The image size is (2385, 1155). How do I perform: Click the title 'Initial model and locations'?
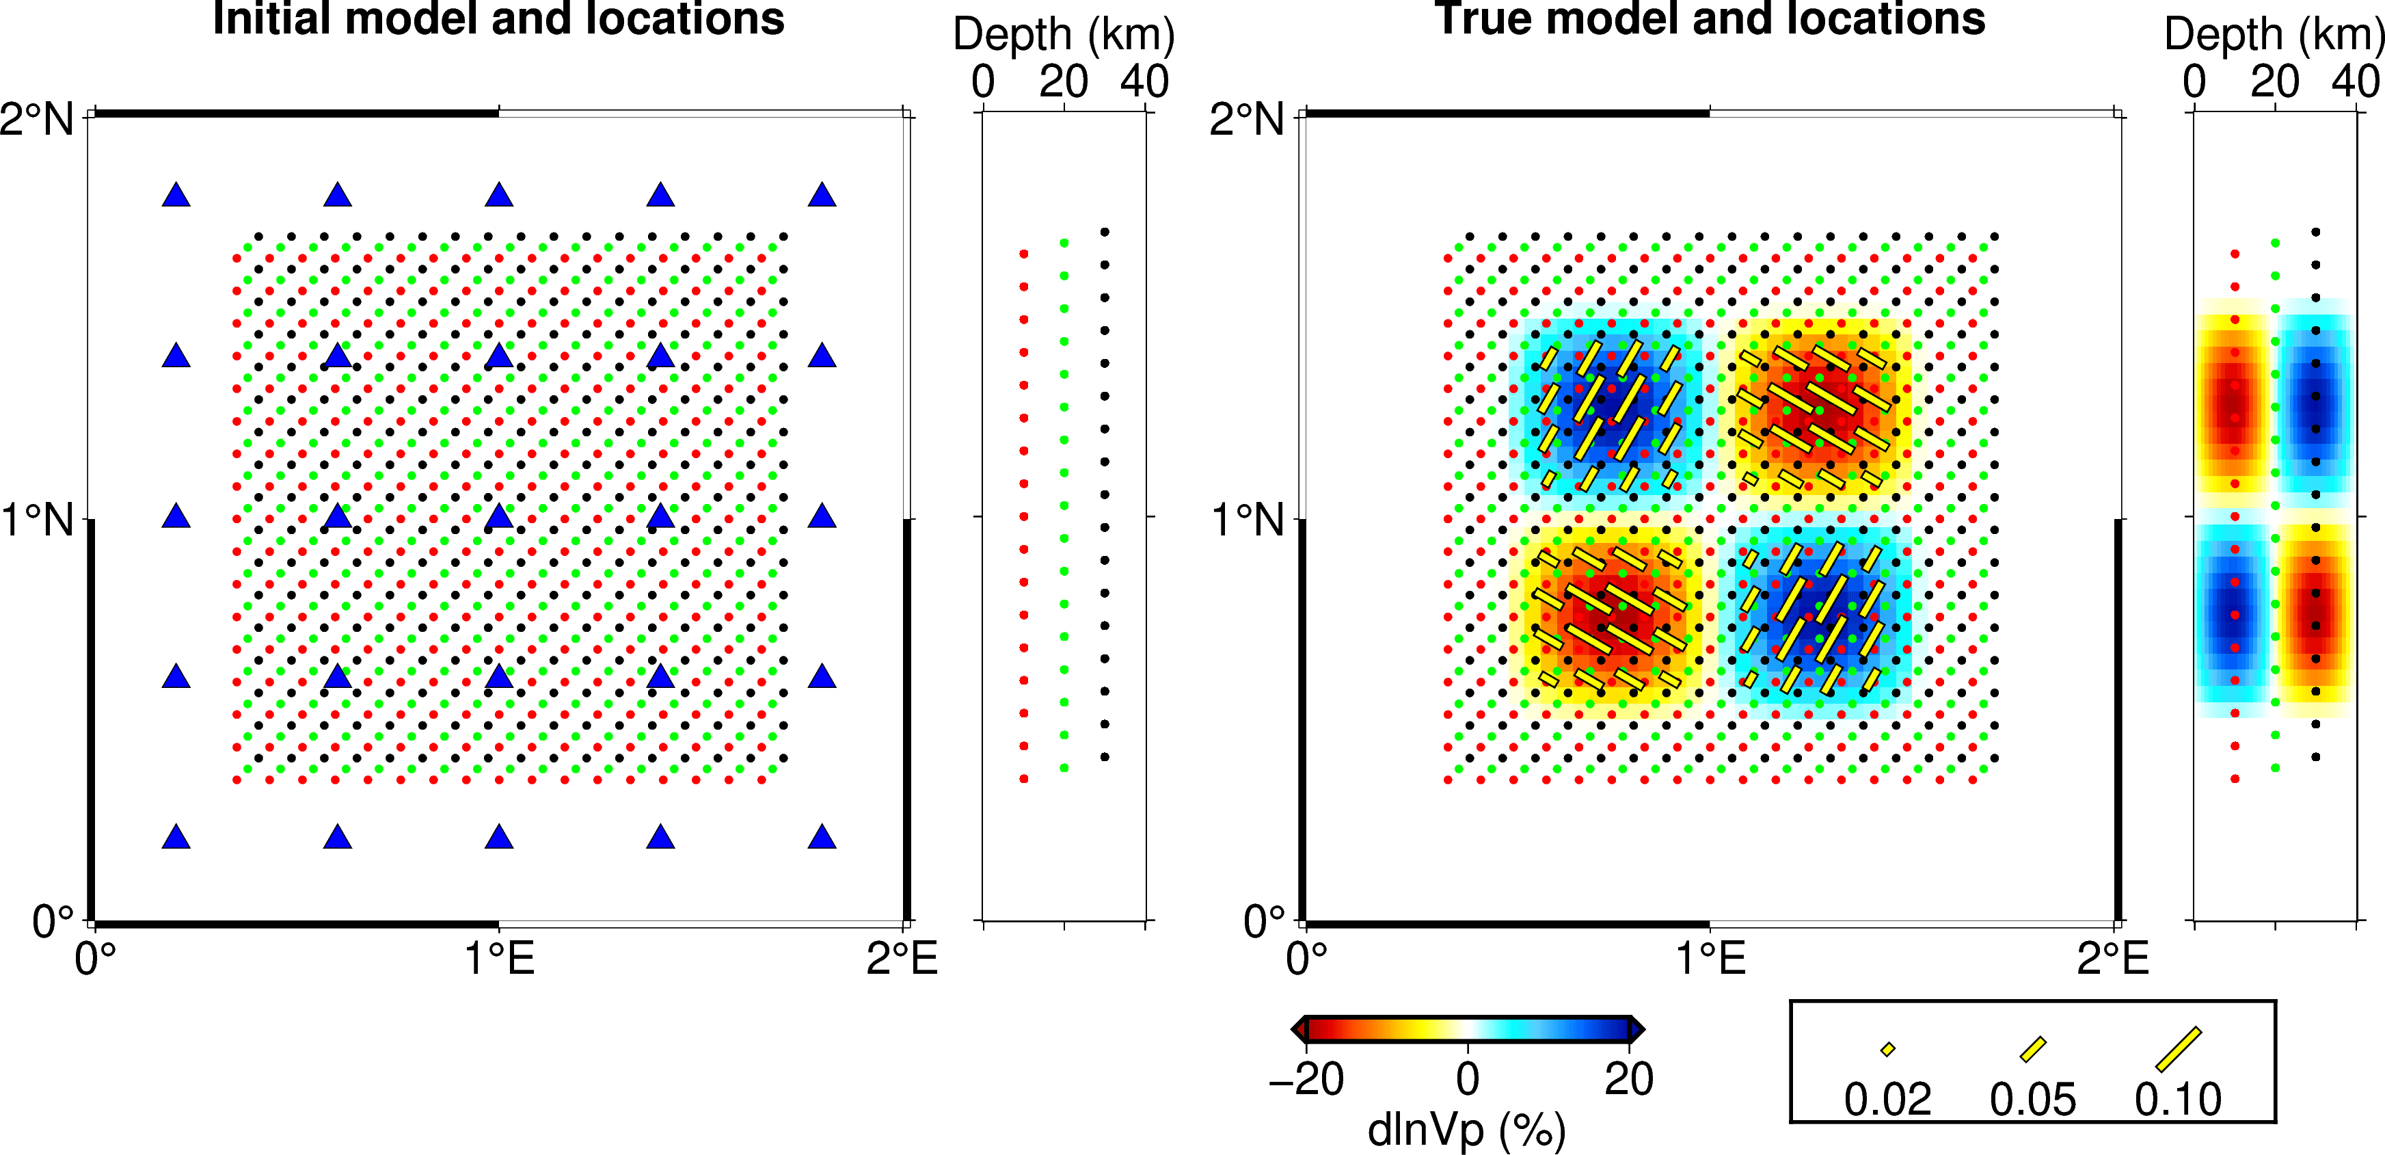498,18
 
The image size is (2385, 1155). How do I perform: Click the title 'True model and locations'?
1709,18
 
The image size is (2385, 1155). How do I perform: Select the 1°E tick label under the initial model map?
499,958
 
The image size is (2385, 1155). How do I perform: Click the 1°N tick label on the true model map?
1247,520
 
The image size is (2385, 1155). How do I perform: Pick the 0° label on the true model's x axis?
1306,958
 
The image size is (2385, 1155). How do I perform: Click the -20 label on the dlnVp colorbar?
1306,1079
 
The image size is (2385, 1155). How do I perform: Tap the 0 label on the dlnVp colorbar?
1468,1079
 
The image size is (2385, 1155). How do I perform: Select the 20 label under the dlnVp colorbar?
1628,1079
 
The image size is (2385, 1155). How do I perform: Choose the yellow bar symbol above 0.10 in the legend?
2178,1050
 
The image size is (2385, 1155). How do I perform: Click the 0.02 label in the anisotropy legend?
1887,1100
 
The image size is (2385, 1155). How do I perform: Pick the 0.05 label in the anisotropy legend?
2032,1100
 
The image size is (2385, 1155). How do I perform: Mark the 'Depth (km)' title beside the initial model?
1064,35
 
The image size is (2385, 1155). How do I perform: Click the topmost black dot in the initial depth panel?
1105,233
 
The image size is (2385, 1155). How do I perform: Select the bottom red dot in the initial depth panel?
1023,779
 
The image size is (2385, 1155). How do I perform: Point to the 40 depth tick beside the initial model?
1144,81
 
